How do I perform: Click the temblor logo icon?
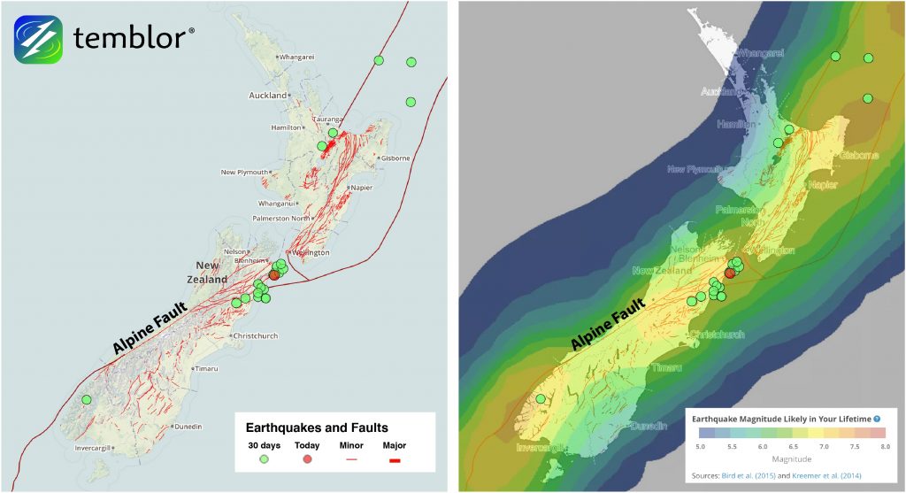37,39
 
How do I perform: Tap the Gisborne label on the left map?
395,158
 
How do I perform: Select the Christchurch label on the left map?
256,336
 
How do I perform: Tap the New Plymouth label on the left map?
242,172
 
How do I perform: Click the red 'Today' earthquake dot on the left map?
273,275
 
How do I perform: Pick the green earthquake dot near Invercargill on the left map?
87,399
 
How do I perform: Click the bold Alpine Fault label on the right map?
606,327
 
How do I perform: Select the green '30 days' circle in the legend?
264,459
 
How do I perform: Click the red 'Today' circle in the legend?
307,459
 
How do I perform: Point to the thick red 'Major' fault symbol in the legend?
395,460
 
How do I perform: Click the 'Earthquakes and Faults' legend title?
317,428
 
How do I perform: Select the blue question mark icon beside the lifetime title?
877,419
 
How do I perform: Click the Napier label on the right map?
823,184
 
